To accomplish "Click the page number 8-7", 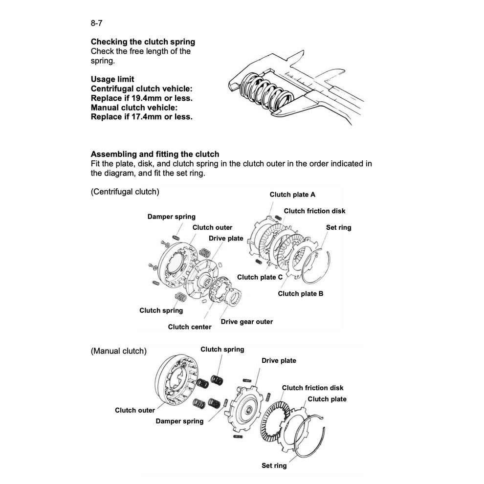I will click(x=96, y=22).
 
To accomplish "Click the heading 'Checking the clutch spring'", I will click(x=143, y=42).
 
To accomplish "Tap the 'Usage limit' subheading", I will click(x=112, y=79).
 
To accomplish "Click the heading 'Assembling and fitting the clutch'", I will click(x=155, y=154).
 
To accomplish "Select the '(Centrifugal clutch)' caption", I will click(x=125, y=192).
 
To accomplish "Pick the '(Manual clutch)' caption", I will click(x=118, y=351).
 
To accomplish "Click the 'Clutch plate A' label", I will click(x=292, y=195).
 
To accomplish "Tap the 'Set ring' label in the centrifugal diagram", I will click(x=338, y=228).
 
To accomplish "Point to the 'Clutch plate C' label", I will click(x=260, y=277).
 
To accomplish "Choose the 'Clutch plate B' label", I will click(x=300, y=294).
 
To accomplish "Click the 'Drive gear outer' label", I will click(x=247, y=322).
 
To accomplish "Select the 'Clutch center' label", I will click(x=190, y=327).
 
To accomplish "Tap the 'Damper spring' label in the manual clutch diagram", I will click(x=179, y=421).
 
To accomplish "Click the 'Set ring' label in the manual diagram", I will click(x=274, y=466).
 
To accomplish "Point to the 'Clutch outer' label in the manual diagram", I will click(x=135, y=411).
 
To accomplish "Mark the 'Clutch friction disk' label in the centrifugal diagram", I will click(x=314, y=211).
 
